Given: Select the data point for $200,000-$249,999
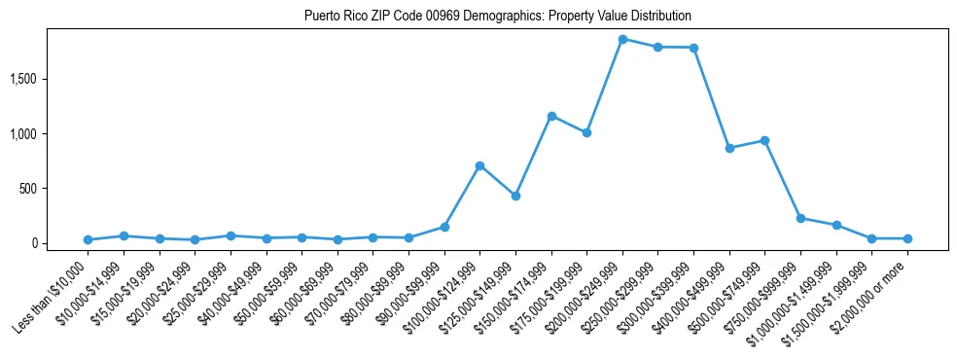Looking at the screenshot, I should (x=622, y=39).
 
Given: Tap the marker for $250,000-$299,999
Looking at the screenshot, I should (x=658, y=47).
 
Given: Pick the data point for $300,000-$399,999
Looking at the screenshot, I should (x=693, y=48).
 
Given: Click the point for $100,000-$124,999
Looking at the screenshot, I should (x=479, y=165).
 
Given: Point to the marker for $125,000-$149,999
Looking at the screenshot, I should (x=515, y=196).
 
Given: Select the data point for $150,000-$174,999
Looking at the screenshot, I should (x=551, y=116).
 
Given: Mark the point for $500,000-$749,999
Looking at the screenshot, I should (x=765, y=140).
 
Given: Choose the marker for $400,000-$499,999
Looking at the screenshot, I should (x=729, y=148).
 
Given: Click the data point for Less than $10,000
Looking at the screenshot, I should (x=88, y=239).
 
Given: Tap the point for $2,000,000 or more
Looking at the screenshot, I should (x=907, y=238).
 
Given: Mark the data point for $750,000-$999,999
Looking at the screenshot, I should (x=800, y=218).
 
